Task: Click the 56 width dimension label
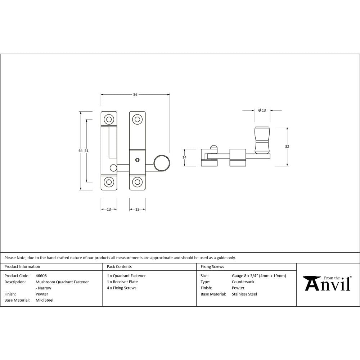click(x=135, y=95)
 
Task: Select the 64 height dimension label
click(x=80, y=151)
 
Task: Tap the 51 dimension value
click(x=86, y=151)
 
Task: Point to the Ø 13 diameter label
click(x=262, y=111)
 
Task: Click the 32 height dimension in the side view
click(x=287, y=147)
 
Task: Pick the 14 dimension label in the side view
click(x=184, y=157)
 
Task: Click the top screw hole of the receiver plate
click(x=108, y=119)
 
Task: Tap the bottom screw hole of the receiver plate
click(x=108, y=182)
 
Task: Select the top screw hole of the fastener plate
click(x=137, y=119)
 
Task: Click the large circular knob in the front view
click(x=162, y=163)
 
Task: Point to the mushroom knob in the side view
click(x=262, y=140)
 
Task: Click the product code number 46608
click(x=41, y=276)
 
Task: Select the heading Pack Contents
click(x=119, y=267)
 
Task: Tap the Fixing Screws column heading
click(x=212, y=267)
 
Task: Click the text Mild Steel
click(x=44, y=300)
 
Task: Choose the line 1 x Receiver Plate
click(x=122, y=282)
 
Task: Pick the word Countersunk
click(x=243, y=282)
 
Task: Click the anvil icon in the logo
click(x=311, y=283)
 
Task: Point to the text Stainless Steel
click(x=244, y=294)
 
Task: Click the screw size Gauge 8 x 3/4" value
click(x=259, y=276)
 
